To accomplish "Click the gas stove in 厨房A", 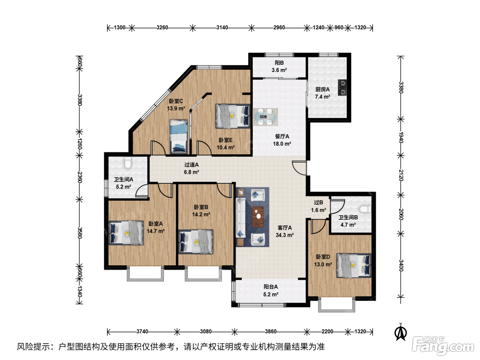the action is click(342, 87).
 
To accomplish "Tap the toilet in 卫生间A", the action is click(128, 163).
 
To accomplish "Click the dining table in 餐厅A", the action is click(265, 117).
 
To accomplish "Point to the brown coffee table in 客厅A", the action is click(258, 217).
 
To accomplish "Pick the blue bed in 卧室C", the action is click(179, 136).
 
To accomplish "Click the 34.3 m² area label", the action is click(285, 235).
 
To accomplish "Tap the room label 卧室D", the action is click(323, 257).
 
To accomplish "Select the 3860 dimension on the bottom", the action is click(271, 332).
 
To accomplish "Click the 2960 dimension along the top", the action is click(279, 27).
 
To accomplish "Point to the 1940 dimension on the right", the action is click(401, 137).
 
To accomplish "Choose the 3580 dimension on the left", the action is click(80, 233).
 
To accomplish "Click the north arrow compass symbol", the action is click(400, 332).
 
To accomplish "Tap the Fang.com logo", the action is click(443, 346).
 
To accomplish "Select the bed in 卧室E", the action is click(233, 116).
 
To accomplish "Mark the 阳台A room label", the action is click(271, 287).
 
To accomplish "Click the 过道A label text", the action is click(191, 165).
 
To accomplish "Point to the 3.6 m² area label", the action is click(279, 70).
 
